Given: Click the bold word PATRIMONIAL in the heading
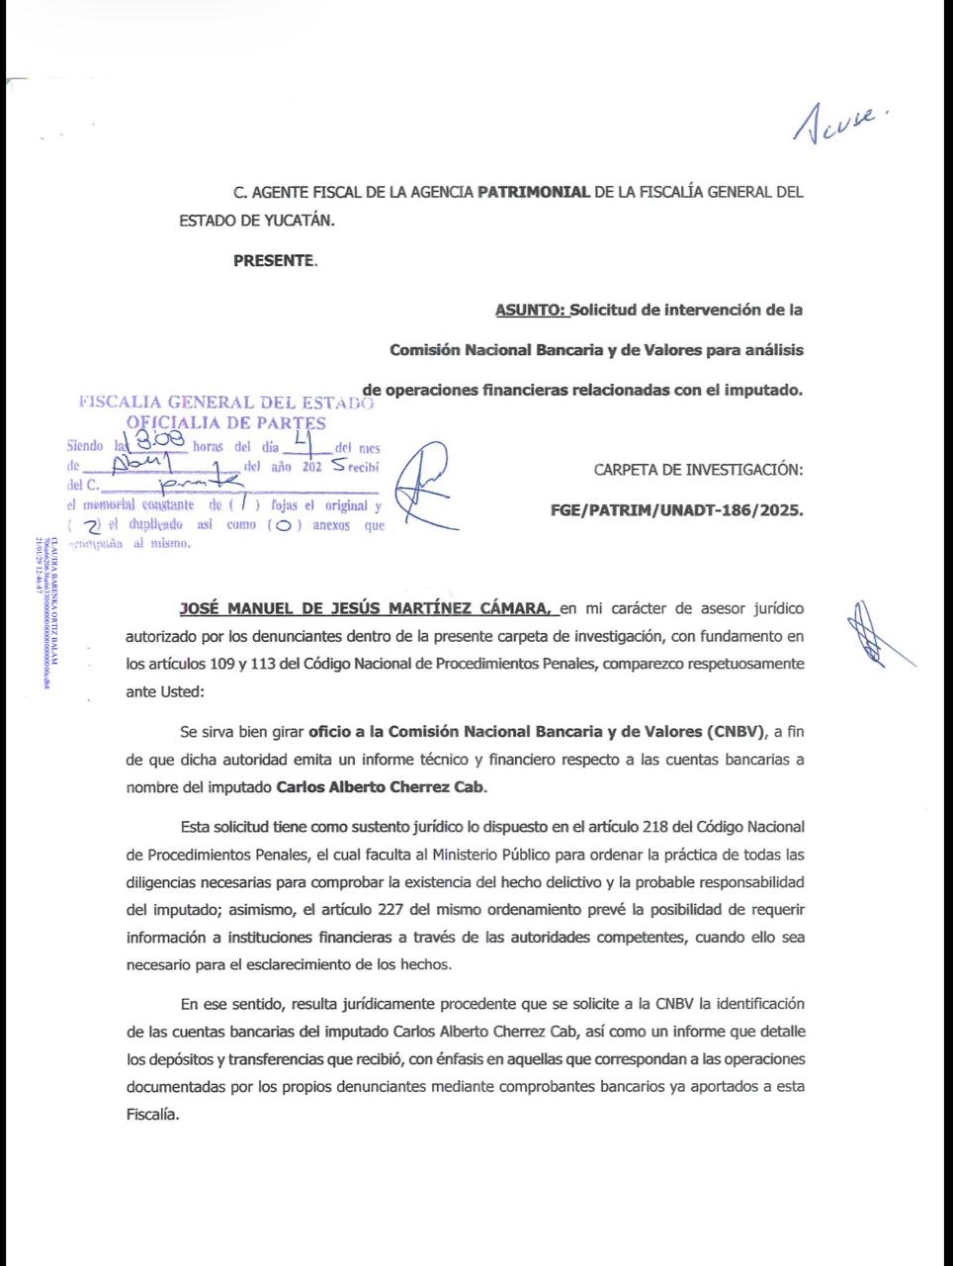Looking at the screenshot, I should tap(534, 192).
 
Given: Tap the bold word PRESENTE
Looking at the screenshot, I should tap(274, 261).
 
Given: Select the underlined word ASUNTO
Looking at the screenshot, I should tap(531, 310).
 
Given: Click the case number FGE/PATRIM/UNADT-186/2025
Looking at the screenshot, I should tap(676, 510).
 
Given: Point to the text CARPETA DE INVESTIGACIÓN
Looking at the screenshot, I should tap(698, 470).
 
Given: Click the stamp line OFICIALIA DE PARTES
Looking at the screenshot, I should tap(227, 423).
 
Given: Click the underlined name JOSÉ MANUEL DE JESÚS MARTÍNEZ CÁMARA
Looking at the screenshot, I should tap(365, 607).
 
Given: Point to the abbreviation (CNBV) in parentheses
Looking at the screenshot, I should tap(736, 732).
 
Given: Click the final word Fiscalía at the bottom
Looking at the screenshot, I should tap(151, 1114).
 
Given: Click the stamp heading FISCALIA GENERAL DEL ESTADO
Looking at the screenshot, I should tap(225, 403).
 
